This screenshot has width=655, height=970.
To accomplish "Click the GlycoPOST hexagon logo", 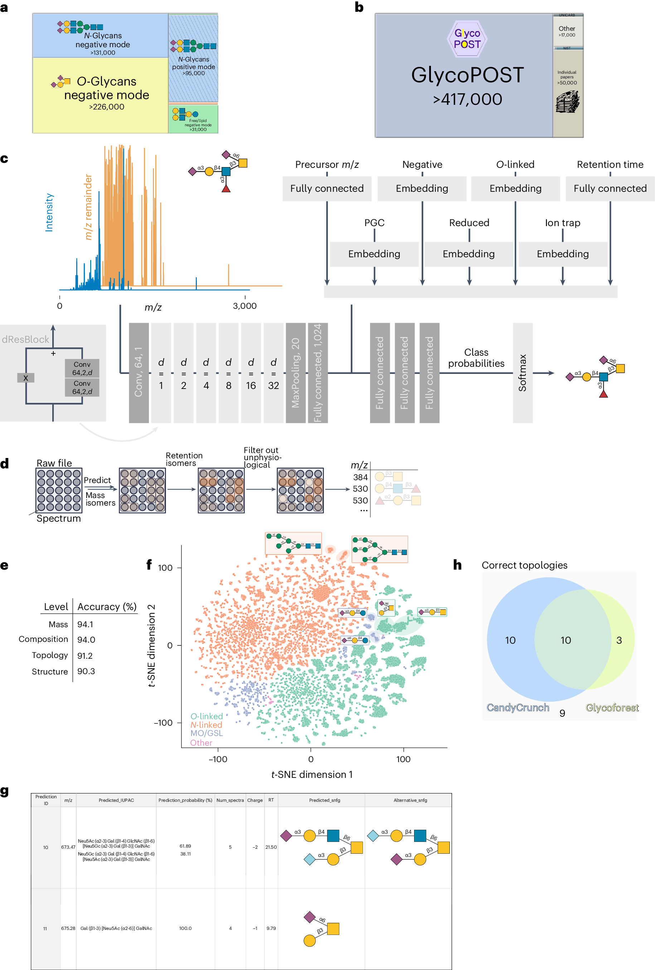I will pyautogui.click(x=467, y=39).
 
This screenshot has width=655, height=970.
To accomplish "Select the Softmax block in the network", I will pyautogui.click(x=522, y=372).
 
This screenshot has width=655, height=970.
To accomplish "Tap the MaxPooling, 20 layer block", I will pyautogui.click(x=296, y=372).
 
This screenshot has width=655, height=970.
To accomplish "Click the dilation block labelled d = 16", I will pyautogui.click(x=251, y=372).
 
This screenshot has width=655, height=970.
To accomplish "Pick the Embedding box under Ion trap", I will pyautogui.click(x=562, y=254).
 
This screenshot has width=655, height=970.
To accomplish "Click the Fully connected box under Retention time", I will pyautogui.click(x=610, y=188).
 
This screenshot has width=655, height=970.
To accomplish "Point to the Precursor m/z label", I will pyautogui.click(x=327, y=165).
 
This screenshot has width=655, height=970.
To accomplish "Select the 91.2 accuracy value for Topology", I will pyautogui.click(x=85, y=655).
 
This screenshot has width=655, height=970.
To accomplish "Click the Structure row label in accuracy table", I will pyautogui.click(x=50, y=671).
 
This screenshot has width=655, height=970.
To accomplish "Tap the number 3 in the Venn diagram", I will pyautogui.click(x=619, y=640).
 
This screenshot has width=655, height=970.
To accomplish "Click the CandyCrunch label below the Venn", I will pyautogui.click(x=518, y=707).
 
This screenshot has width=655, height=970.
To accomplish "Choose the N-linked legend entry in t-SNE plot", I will pyautogui.click(x=206, y=725).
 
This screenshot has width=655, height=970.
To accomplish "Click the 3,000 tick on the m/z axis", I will pyautogui.click(x=244, y=306).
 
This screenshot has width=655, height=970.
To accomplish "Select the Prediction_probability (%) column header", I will pyautogui.click(x=185, y=800).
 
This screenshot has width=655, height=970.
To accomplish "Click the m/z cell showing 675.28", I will pyautogui.click(x=68, y=928).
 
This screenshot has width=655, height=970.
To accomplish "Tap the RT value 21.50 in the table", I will pyautogui.click(x=271, y=847).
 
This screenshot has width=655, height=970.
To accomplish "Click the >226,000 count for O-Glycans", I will pyautogui.click(x=106, y=107).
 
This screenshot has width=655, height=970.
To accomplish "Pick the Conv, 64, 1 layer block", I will pyautogui.click(x=139, y=372).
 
